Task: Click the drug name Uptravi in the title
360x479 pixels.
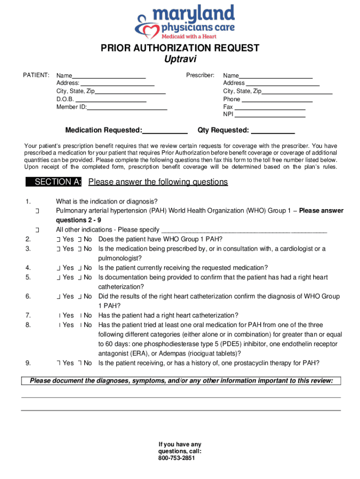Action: click(x=180, y=59)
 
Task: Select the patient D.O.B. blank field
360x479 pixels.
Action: click(x=110, y=99)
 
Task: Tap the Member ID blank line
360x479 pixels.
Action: click(x=127, y=107)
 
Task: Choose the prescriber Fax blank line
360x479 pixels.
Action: click(x=270, y=107)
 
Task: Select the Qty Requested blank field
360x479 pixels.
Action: click(x=273, y=131)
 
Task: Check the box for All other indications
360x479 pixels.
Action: click(x=37, y=230)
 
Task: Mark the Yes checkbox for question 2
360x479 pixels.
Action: click(x=58, y=239)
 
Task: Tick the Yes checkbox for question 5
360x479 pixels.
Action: click(x=58, y=277)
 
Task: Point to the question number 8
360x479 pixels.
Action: click(x=28, y=325)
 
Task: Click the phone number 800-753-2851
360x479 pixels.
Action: click(x=180, y=458)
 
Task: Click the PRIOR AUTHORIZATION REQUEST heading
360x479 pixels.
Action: click(x=180, y=48)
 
